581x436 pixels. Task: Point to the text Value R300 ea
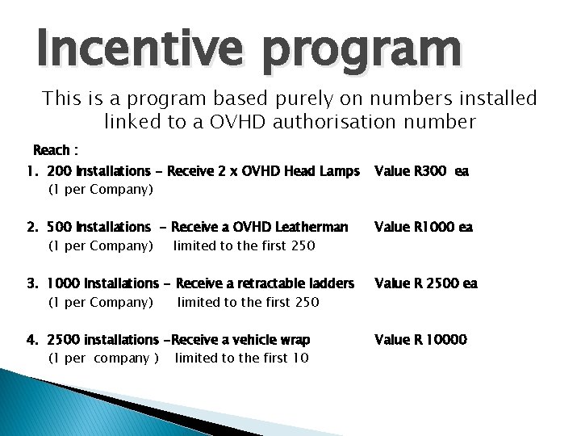point(420,171)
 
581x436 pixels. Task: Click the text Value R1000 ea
point(424,227)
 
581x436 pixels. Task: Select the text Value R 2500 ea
point(425,283)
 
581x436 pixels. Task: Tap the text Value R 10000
point(420,340)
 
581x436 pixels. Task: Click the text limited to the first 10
point(241,358)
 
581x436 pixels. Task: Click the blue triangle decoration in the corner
point(48,404)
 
